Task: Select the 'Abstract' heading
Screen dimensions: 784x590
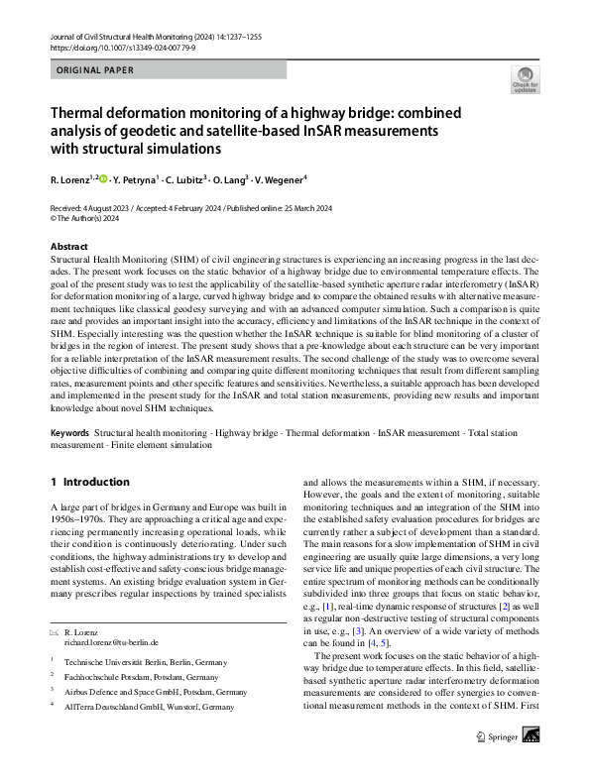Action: click(x=68, y=247)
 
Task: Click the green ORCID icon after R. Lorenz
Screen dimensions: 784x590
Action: click(x=102, y=179)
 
